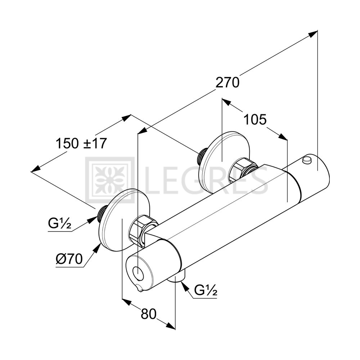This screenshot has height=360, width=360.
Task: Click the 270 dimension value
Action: coord(227,83)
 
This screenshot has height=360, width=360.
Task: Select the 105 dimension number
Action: coord(255,120)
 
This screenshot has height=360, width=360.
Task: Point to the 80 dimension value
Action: coord(149,314)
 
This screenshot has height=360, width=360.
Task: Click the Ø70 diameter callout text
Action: coord(69,259)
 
